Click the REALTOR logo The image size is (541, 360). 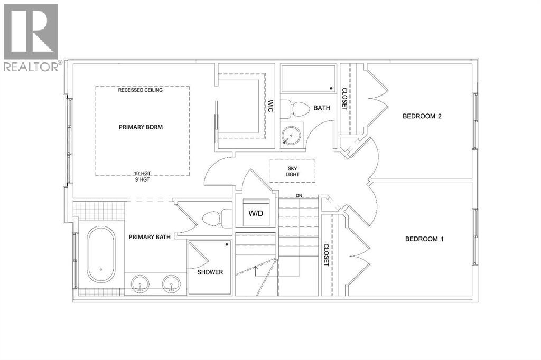31,37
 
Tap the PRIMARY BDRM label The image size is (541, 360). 141,127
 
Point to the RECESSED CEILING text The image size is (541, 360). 141,90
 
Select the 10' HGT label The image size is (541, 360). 143,174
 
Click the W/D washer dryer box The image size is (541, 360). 256,213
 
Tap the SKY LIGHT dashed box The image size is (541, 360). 292,171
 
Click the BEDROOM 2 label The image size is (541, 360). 422,116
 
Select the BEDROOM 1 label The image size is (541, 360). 424,239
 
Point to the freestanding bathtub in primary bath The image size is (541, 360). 101,254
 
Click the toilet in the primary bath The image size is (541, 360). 217,219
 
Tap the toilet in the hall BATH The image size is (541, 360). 295,109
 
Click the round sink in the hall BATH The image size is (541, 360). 291,135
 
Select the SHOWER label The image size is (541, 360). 210,272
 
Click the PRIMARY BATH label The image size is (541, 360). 150,237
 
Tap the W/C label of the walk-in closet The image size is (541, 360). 270,106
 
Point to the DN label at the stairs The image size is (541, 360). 299,196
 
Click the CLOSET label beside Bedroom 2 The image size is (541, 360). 344,99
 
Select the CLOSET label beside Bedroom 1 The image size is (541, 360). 326,255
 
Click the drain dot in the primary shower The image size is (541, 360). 227,244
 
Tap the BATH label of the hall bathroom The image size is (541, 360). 322,108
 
